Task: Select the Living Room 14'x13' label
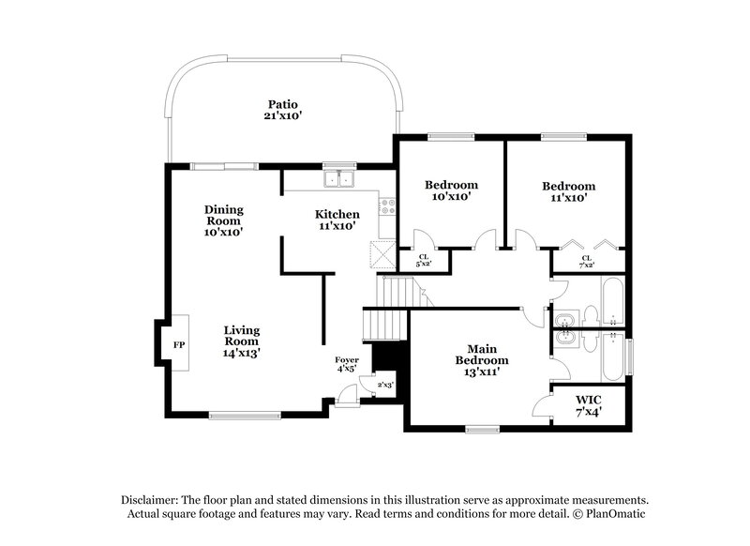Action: click(x=242, y=341)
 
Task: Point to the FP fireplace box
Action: click(x=178, y=345)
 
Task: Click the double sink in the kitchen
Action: click(x=339, y=178)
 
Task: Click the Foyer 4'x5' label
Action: click(x=346, y=364)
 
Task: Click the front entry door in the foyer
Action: click(x=346, y=399)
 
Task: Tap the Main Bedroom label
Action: click(x=482, y=359)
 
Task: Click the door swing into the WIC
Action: click(x=542, y=405)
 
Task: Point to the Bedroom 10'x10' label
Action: click(x=451, y=190)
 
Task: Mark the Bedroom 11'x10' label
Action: click(x=568, y=191)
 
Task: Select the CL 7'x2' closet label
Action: click(x=587, y=261)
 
